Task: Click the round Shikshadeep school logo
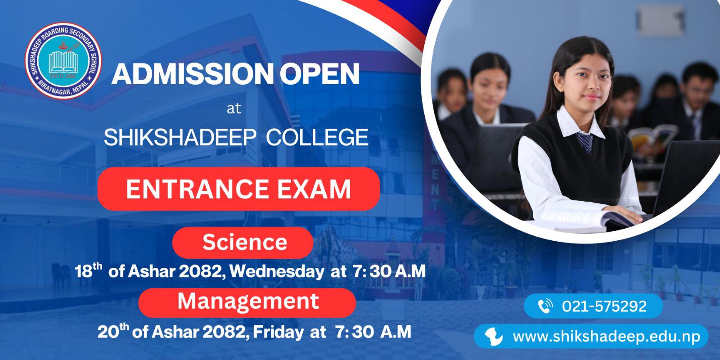[63, 60]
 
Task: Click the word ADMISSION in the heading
[192, 74]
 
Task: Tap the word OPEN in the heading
[319, 74]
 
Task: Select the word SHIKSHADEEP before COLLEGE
[180, 137]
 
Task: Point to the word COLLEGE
[317, 137]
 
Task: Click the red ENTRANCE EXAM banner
[238, 189]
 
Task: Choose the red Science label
[243, 243]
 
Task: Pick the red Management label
[247, 302]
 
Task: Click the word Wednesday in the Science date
[277, 272]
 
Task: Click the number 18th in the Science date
[88, 270]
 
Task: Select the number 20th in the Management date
[113, 331]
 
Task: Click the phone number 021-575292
[604, 306]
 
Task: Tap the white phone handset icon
[545, 306]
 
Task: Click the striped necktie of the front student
[585, 142]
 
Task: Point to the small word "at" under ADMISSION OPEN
[234, 108]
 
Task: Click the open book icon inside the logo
[63, 62]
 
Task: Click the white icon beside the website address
[493, 337]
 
